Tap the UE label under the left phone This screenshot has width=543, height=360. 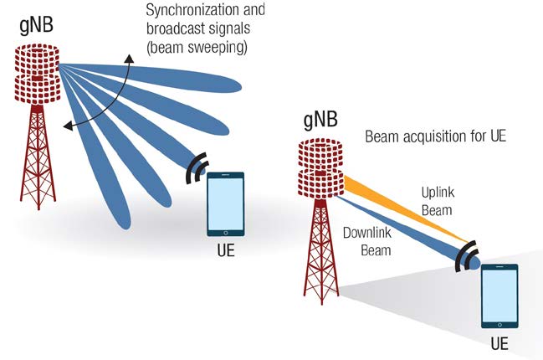click(225, 250)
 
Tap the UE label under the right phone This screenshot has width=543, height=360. click(499, 343)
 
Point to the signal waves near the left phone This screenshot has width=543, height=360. click(196, 167)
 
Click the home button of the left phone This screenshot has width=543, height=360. click(225, 232)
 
